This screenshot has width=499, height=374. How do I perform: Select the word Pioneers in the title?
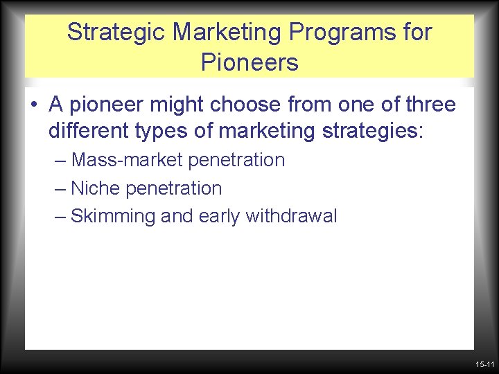tap(249, 63)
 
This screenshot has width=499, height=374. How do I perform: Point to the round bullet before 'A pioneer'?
tap(33, 106)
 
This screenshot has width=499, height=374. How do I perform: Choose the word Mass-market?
tap(128, 160)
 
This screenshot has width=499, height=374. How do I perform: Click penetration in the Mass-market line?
tap(236, 161)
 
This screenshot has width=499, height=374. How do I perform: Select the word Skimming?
tap(113, 217)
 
